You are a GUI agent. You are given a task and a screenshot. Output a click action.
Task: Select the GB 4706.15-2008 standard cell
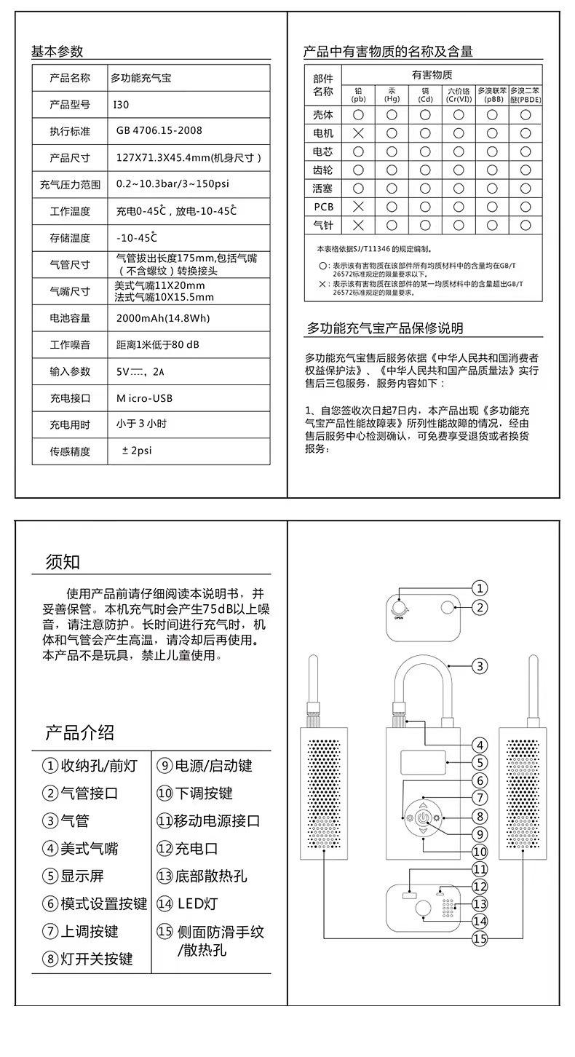tap(159, 131)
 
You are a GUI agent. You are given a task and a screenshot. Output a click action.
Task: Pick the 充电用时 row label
tap(70, 424)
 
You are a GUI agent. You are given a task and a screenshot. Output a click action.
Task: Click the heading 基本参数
tap(57, 52)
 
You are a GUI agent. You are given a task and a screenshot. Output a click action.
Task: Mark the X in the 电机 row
tap(358, 133)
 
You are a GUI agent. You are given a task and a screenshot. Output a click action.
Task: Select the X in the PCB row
tap(358, 207)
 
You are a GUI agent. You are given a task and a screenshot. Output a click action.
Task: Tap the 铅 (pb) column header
tap(358, 95)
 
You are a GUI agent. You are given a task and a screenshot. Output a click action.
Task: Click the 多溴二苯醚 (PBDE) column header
tap(525, 95)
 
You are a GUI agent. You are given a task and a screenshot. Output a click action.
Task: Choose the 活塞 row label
tap(322, 189)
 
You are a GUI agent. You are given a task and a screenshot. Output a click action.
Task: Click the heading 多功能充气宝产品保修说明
tap(384, 328)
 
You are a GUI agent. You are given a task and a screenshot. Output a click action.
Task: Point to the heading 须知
tap(63, 562)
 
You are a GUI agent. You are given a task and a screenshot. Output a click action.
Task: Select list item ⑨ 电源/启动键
tap(205, 766)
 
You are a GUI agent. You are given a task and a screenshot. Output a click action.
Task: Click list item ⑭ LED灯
tap(188, 904)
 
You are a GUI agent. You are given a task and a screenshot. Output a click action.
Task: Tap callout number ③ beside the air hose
tap(479, 665)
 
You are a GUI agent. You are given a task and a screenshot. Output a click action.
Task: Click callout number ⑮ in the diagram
tap(479, 938)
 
